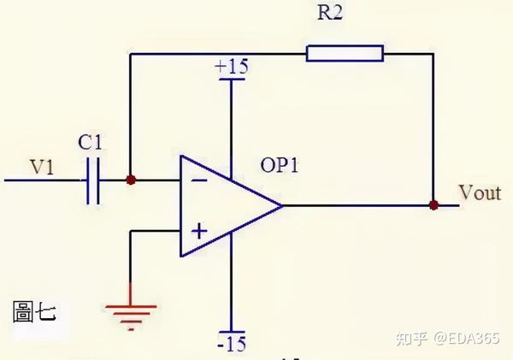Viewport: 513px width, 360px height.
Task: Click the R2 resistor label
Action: tap(330, 13)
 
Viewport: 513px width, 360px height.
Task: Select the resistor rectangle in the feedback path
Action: tap(345, 53)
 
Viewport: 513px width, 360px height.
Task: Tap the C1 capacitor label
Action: tap(91, 142)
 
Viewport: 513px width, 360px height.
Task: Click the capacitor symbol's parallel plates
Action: tap(93, 180)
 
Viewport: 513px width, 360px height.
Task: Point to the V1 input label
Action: tap(42, 167)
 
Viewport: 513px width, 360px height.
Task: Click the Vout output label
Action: tap(480, 192)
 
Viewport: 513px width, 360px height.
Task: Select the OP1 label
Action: tap(280, 165)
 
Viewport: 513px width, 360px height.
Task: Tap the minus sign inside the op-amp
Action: tap(198, 180)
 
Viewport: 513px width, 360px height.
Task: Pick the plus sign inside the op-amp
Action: tap(199, 232)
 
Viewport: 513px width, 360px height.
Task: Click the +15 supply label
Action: tap(232, 67)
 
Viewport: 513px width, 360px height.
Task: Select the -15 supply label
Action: tap(232, 344)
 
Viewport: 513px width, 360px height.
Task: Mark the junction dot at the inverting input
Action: tap(131, 180)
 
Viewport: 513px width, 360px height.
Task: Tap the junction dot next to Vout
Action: tap(433, 205)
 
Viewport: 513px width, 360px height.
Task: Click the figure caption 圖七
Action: tap(34, 312)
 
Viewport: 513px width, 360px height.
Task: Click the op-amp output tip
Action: tap(282, 205)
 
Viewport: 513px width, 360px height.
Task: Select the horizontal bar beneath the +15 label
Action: tap(232, 80)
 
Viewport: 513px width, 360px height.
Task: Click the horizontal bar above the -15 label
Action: tap(232, 332)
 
